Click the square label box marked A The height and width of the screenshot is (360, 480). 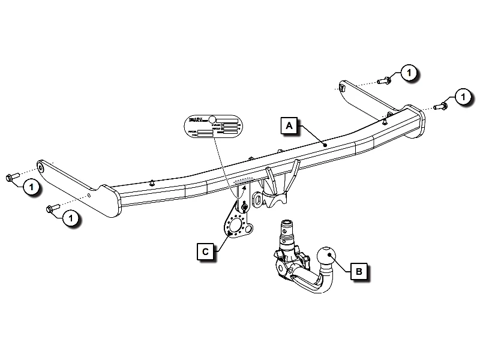click(289, 126)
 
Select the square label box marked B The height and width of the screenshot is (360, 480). click(359, 272)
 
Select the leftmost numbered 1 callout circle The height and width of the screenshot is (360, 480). click(31, 187)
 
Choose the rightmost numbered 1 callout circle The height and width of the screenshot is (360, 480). click(462, 96)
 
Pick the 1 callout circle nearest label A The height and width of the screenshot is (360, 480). click(408, 73)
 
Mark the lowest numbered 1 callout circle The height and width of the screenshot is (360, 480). click(70, 218)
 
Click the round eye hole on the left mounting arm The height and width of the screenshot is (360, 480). click(40, 164)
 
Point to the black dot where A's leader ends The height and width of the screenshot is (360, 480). click(324, 145)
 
